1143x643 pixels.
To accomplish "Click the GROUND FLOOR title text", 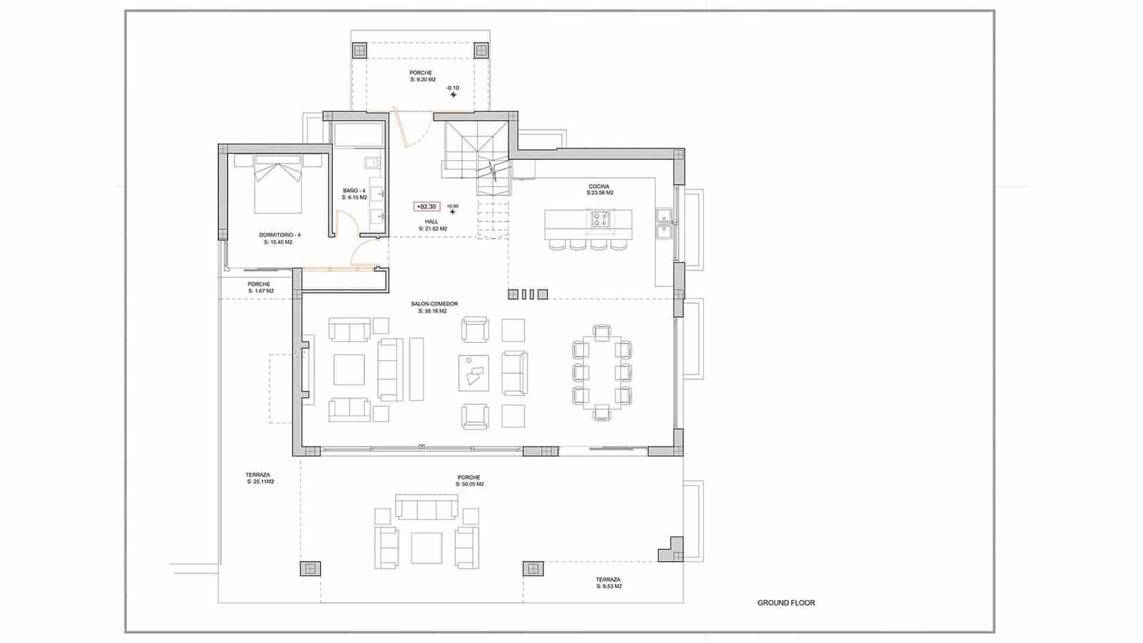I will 786,603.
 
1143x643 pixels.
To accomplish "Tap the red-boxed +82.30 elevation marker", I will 427,206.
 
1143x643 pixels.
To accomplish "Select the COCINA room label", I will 599,189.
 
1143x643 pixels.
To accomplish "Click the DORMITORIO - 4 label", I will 279,239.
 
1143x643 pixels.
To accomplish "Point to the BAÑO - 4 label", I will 354,194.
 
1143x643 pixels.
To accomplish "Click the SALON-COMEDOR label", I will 434,307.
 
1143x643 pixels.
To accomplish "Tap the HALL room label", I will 432,225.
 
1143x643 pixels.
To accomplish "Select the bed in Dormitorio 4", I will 278,184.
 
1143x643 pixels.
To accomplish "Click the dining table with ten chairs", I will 602,372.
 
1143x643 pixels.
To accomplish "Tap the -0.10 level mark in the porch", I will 453,89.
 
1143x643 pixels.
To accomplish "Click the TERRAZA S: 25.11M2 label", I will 258,478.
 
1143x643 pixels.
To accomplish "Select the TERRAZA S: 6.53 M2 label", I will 608,582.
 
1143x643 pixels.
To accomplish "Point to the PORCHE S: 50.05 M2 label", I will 469,481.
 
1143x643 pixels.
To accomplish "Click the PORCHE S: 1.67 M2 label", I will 259,287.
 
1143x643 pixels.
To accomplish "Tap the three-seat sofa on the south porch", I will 427,509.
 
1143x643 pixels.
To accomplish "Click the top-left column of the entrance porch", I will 359,51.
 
